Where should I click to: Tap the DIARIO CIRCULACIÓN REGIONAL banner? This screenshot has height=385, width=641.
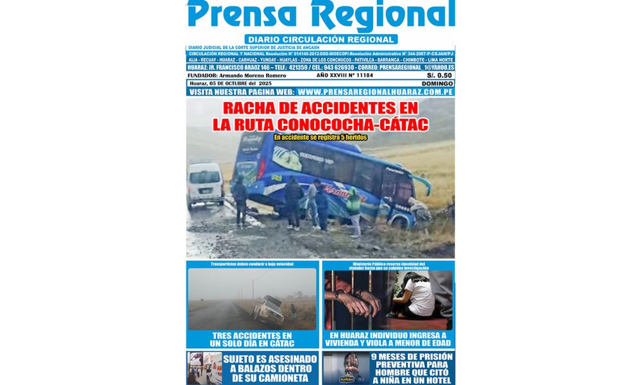(x=320, y=39)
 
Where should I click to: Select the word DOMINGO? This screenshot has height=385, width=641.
(x=438, y=83)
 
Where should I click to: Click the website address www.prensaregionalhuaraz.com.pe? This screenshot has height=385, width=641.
(x=376, y=92)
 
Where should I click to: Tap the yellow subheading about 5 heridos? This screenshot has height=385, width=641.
(x=320, y=137)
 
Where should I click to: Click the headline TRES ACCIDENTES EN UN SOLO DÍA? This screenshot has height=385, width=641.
(x=252, y=339)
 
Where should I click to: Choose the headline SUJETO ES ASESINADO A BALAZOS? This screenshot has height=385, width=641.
(x=269, y=368)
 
